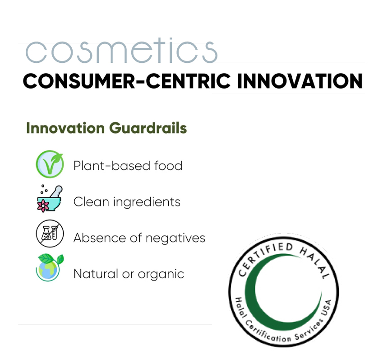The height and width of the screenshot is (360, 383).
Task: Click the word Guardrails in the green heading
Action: (148, 128)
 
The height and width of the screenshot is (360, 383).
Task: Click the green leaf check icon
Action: (50, 164)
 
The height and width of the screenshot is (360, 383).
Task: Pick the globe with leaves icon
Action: (49, 268)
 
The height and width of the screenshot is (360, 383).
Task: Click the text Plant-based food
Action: (128, 166)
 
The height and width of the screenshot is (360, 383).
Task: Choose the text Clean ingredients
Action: (127, 202)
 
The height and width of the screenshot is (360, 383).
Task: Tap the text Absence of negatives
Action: (139, 238)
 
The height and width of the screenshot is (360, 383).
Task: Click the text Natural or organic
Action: (129, 273)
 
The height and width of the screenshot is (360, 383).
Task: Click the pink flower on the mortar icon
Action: (44, 206)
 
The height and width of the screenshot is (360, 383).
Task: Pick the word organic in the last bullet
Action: (162, 274)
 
